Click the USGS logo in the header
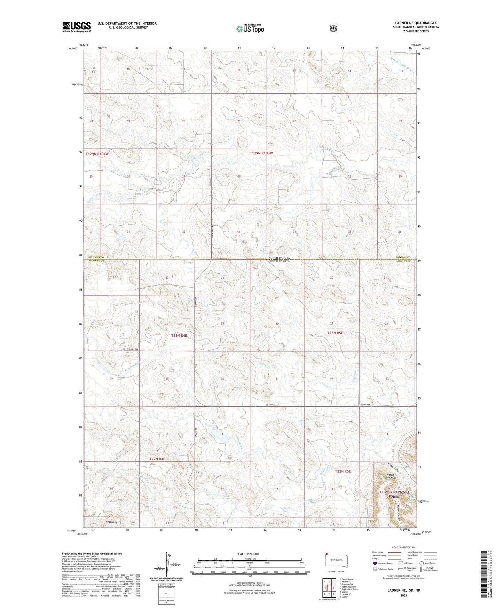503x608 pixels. [77, 27]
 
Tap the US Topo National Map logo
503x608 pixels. [250, 29]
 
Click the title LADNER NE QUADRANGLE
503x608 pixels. [416, 23]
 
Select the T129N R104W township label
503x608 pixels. [97, 154]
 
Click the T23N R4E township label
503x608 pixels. [179, 335]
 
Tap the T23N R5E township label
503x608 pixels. [335, 333]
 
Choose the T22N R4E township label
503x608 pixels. [157, 459]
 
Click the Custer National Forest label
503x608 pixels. [395, 494]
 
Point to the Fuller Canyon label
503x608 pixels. [395, 468]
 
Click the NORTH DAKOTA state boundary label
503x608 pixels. [279, 258]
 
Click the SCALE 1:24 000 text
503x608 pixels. [247, 554]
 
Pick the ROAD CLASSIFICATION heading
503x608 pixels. [403, 547]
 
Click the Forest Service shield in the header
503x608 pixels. [333, 28]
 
